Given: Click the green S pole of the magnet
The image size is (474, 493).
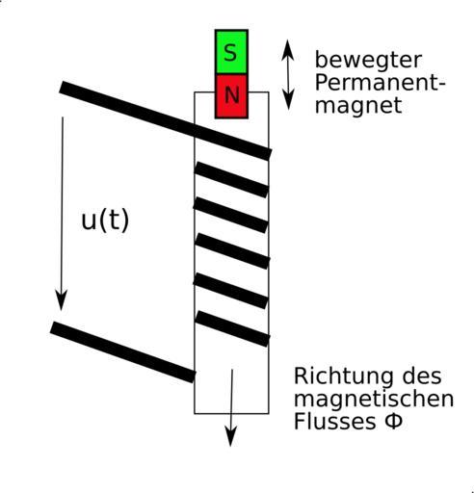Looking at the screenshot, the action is [231, 52].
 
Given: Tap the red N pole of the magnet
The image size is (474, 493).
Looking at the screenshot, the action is [231, 96].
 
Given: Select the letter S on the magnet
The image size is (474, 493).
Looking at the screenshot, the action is [230, 53].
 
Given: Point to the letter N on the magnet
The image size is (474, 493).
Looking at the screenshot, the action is [232, 94].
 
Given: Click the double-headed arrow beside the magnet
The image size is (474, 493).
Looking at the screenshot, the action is [288, 75].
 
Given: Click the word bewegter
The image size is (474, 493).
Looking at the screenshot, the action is [368, 60].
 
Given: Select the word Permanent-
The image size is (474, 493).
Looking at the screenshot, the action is [381, 83].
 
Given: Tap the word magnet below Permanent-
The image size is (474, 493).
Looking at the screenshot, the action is [358, 105].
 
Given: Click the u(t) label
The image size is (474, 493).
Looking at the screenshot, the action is [105, 220].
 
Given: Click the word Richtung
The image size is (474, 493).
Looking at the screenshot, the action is [343, 377].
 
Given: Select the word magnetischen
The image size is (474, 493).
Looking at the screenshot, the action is [374, 399].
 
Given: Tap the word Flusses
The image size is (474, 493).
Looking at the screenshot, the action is [334, 421].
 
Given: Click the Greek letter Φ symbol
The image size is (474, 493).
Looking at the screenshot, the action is [393, 421].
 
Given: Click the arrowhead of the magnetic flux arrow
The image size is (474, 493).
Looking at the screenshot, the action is [231, 436].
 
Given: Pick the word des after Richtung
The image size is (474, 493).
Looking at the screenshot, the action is [422, 376].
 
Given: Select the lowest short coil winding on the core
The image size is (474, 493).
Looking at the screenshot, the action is [232, 328].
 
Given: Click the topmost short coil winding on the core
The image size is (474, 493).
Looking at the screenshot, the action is [231, 179].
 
